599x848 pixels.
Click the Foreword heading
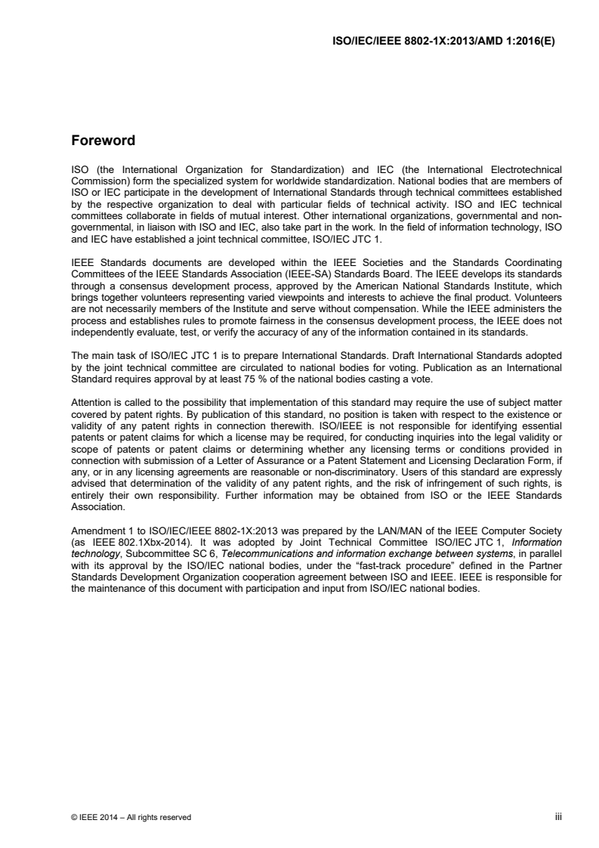[x=103, y=141]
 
